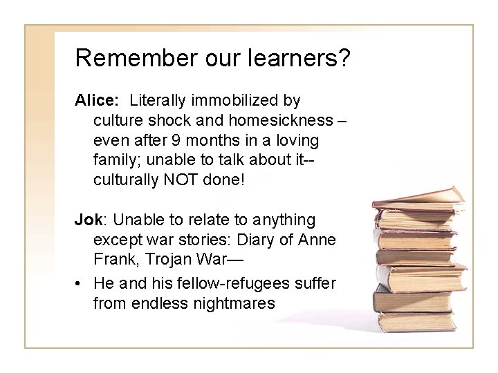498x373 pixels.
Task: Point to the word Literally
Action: point(158,101)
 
